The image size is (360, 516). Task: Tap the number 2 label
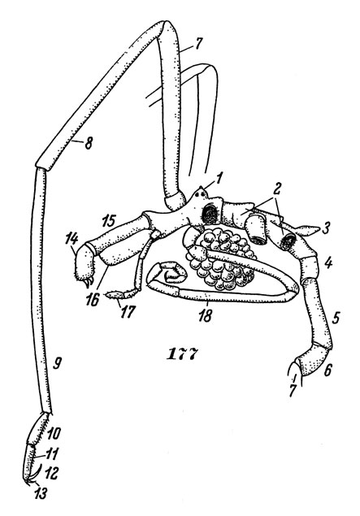click(276, 189)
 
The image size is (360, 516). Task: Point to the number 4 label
click(327, 263)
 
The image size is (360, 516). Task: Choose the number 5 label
click(336, 318)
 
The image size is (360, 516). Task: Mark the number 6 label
click(328, 371)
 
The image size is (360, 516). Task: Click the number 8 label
click(88, 143)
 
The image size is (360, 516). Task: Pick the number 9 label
click(57, 363)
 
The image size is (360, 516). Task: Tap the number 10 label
click(54, 433)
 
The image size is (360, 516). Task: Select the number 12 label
click(52, 473)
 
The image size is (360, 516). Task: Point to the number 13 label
click(41, 493)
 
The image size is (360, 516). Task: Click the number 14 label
click(74, 238)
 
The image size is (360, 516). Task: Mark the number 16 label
click(93, 300)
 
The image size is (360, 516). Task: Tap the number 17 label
click(127, 312)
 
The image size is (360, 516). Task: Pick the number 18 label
click(205, 316)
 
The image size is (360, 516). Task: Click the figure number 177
click(183, 354)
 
